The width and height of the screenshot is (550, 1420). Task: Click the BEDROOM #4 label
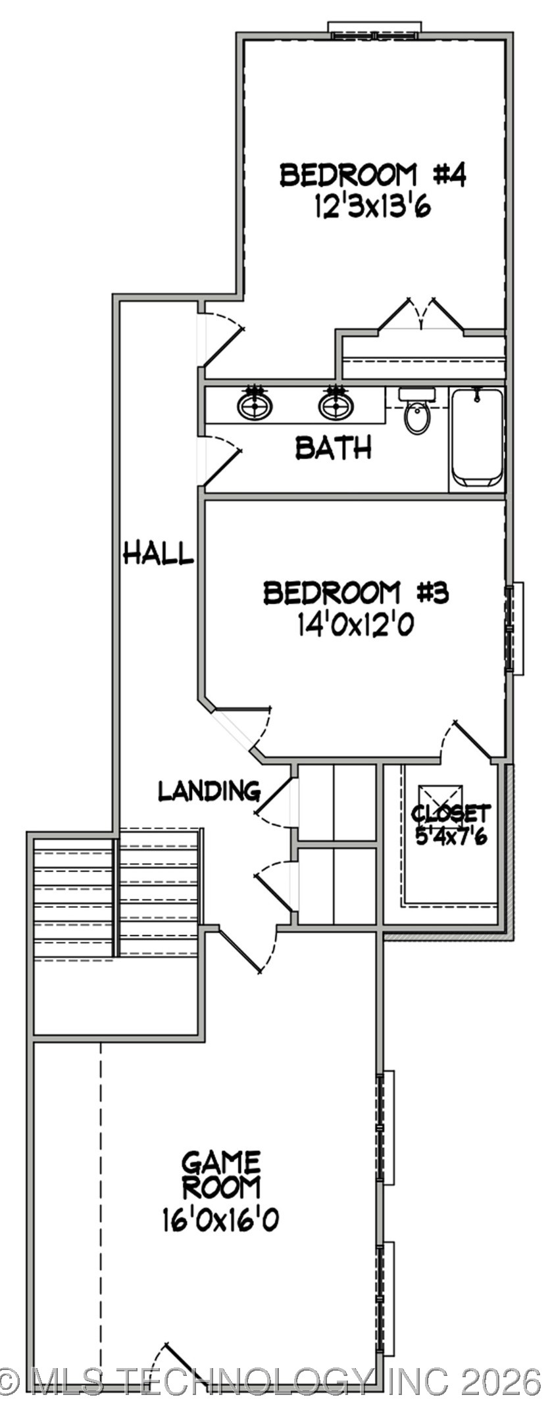(x=373, y=176)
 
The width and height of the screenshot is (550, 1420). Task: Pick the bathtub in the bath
(x=477, y=437)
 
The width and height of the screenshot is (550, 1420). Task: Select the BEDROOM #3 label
(x=356, y=593)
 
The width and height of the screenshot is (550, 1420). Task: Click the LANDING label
(x=209, y=791)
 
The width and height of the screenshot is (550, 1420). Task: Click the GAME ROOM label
(x=222, y=1174)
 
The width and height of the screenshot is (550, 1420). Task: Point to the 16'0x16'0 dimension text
(x=220, y=1220)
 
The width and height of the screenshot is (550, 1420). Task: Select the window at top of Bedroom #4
(x=374, y=30)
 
